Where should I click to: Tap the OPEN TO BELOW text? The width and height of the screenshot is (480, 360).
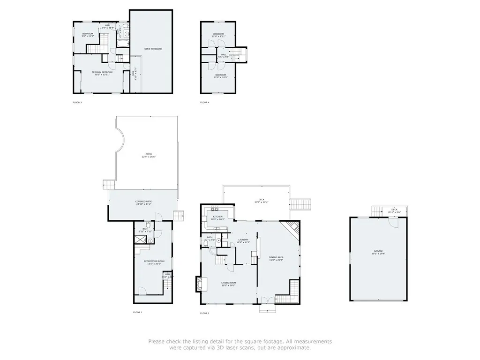(x=153, y=49)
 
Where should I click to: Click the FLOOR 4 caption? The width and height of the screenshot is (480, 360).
(x=205, y=102)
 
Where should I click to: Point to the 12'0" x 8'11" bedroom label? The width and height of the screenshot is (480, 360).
(x=219, y=35)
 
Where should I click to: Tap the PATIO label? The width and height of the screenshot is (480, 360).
(x=149, y=155)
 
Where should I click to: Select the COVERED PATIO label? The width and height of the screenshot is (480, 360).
(x=144, y=202)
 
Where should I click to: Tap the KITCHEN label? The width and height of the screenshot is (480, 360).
(x=217, y=217)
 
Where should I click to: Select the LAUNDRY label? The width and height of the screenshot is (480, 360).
(x=243, y=240)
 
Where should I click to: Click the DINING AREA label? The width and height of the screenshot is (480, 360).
(x=276, y=257)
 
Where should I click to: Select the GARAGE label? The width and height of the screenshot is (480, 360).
(x=378, y=252)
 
